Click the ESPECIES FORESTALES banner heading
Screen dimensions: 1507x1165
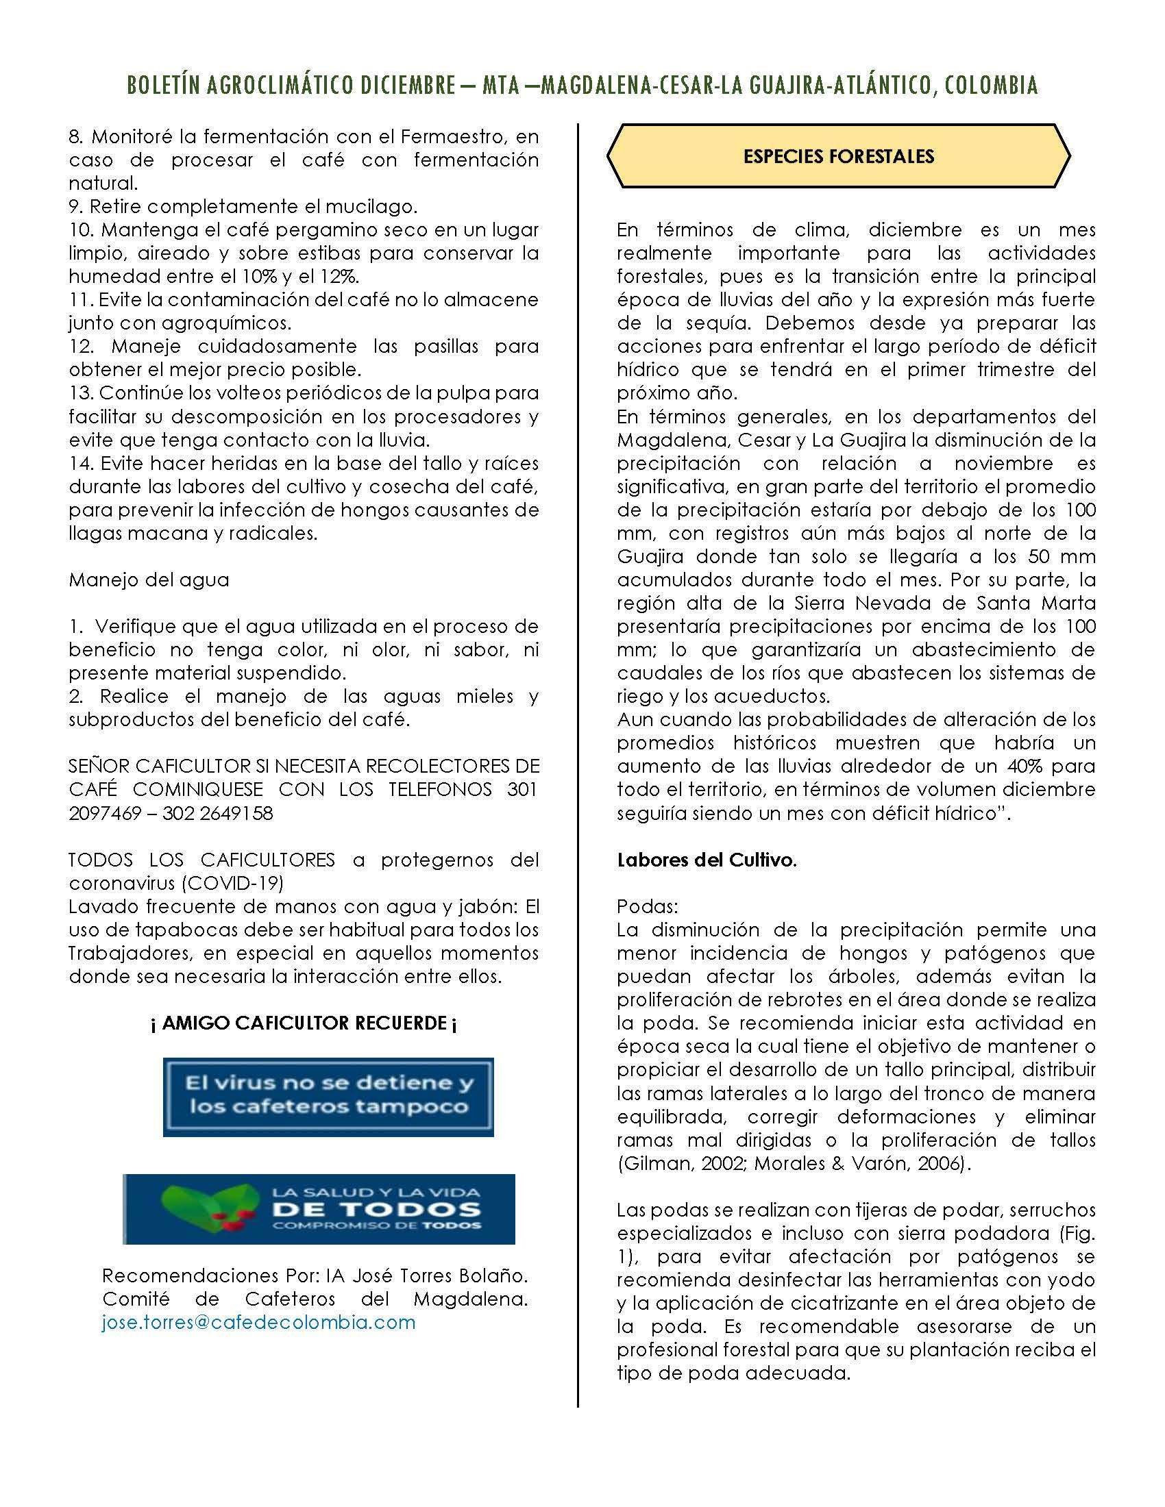838,157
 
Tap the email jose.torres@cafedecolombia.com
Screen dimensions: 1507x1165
259,1322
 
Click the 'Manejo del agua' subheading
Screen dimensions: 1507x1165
149,580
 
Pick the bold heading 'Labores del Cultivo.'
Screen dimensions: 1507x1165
707,860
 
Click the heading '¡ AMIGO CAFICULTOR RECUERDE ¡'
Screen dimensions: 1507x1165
303,1023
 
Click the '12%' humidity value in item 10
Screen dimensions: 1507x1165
339,276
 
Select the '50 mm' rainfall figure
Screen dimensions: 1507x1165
1062,556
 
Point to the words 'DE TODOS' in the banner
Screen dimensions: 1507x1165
376,1208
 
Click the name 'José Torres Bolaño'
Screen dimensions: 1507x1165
441,1275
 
